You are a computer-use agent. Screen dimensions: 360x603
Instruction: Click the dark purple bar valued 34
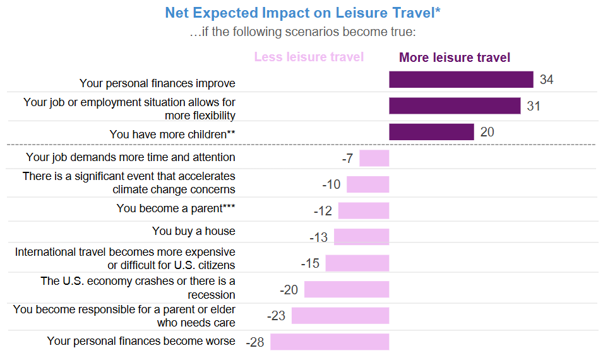[x=461, y=80]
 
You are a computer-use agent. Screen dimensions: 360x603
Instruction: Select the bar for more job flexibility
[x=455, y=105]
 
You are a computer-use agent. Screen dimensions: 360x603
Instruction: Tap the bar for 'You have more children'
[x=431, y=132]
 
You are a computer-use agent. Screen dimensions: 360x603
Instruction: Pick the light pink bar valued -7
[x=374, y=158]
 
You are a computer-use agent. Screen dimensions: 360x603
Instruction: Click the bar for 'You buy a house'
[x=361, y=237]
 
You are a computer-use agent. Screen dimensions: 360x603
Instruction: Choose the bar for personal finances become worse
[x=330, y=342]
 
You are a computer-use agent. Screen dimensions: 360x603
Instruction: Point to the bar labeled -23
[x=340, y=316]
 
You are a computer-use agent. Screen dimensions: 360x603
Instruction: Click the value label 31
[x=534, y=106]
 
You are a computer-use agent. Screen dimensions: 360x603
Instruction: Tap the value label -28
[x=254, y=342]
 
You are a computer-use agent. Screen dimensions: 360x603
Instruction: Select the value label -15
[x=309, y=263]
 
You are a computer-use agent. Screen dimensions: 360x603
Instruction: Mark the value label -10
[x=331, y=184]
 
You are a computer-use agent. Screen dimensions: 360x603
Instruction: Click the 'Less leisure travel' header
[x=309, y=57]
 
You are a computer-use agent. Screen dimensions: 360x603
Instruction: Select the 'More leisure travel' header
[x=455, y=58]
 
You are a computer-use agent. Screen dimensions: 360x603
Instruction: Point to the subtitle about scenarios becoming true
[x=302, y=32]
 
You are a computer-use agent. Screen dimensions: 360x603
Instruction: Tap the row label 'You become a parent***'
[x=176, y=208]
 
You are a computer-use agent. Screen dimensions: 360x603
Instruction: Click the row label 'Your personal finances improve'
[x=157, y=83]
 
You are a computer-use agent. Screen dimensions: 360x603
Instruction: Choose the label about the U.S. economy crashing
[x=138, y=288]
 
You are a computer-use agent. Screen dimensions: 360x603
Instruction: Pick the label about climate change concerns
[x=129, y=183]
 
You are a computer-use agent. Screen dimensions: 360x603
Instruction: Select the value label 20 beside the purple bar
[x=487, y=132]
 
